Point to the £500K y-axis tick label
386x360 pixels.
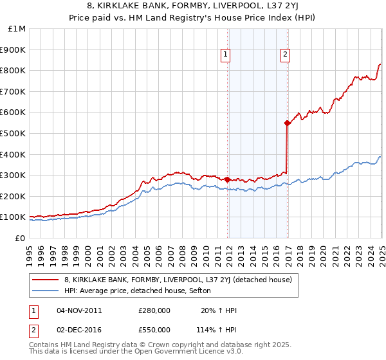pos(14,134)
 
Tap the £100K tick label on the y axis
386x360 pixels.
pos(14,217)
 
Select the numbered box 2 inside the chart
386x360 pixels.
pos(284,55)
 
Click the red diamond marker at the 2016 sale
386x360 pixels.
pos(287,123)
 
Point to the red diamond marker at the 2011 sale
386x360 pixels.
pos(228,179)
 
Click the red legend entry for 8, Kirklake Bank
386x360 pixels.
pos(178,280)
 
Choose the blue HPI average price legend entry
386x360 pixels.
pos(142,291)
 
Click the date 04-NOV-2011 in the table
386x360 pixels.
pos(79,310)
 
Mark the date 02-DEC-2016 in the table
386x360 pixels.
pos(79,330)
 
